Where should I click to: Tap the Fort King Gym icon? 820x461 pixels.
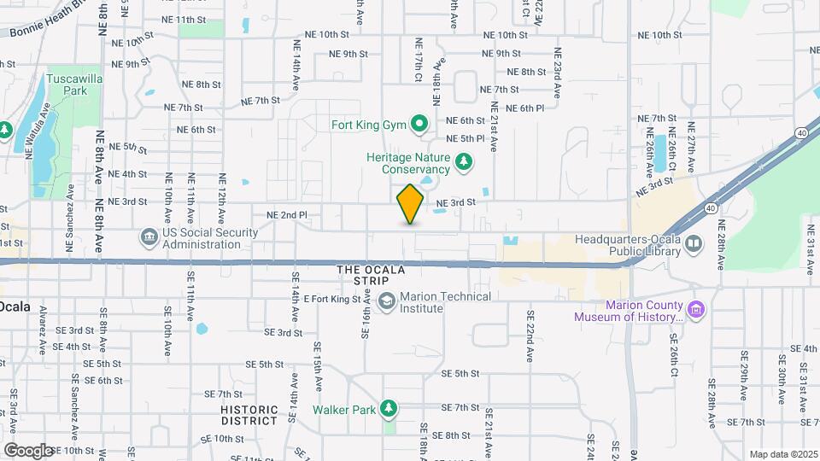coord(419,125)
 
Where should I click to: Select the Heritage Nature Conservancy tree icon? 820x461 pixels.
coord(464,161)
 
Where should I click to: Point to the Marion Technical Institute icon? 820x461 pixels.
coord(387,301)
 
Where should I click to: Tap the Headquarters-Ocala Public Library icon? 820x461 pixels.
coord(694,244)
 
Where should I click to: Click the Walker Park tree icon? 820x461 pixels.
coord(389,410)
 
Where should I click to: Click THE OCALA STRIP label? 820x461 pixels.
coord(371,270)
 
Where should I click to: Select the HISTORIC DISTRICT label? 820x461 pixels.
coord(249,415)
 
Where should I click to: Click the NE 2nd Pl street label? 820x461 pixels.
coord(286,215)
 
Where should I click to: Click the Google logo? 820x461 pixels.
coord(27,450)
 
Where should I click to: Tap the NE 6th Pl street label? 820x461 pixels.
coord(525,108)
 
